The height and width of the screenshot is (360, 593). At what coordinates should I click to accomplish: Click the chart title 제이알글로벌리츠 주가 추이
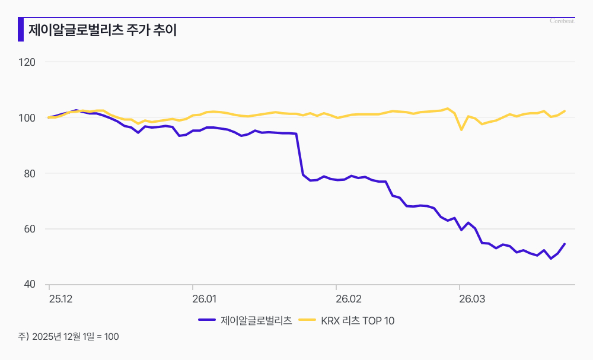click(102, 30)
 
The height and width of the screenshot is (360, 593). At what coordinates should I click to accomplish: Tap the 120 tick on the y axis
click(28, 62)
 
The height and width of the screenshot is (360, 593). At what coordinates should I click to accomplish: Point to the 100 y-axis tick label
click(28, 117)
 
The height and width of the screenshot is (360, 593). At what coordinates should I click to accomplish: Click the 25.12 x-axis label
click(60, 299)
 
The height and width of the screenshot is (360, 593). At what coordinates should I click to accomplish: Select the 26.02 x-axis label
click(348, 299)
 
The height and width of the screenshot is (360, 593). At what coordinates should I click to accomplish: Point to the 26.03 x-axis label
click(472, 299)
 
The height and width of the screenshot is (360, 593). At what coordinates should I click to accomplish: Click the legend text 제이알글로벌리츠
click(256, 321)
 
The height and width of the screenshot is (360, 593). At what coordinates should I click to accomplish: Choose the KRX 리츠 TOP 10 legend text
click(358, 321)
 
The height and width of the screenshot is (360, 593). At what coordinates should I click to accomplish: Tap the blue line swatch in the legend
click(206, 321)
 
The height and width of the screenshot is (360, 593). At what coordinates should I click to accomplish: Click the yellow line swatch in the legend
click(307, 321)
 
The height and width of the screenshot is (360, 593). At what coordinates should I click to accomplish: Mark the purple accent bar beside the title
click(21, 30)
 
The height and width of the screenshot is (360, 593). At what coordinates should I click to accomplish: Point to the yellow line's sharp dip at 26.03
click(461, 129)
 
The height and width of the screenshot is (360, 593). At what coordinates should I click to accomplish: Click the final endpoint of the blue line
click(565, 244)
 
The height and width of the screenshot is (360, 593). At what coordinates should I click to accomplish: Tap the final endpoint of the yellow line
click(565, 111)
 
